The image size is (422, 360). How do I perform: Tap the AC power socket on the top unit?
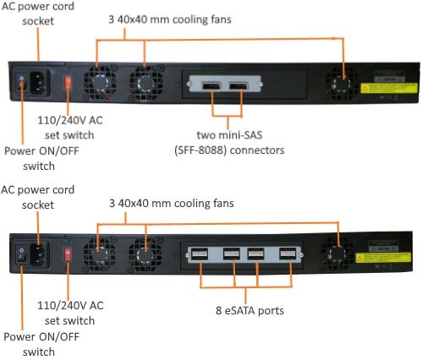pos(42,84)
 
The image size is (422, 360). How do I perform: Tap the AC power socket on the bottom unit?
pos(41,253)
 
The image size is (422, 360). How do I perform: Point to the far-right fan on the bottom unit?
pos(339,252)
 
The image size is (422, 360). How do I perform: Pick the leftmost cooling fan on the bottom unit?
pos(105,251)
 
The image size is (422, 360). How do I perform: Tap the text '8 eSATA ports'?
pos(248,310)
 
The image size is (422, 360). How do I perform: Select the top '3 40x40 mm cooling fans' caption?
pos(160,19)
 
